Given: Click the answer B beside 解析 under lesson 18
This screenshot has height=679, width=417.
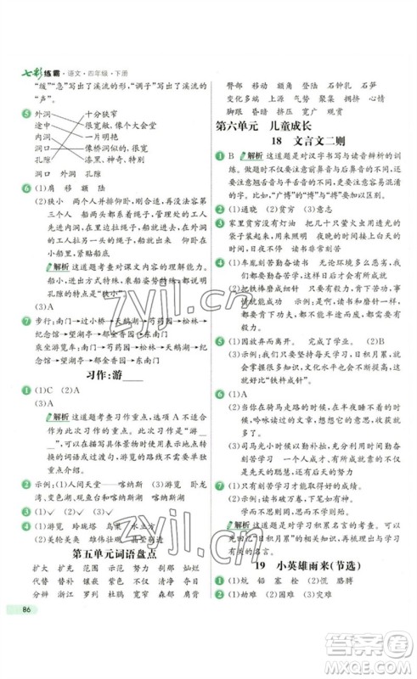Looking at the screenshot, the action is [229, 158].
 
